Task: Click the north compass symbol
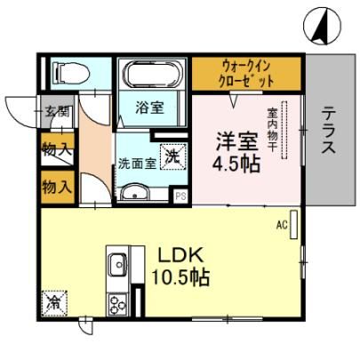(322, 26)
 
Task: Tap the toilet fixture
(71, 74)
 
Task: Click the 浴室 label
(149, 108)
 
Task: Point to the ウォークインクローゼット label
(247, 74)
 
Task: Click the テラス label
(329, 130)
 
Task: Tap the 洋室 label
(236, 141)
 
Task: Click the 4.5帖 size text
(236, 164)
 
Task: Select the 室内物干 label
(272, 130)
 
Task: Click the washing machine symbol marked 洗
(173, 156)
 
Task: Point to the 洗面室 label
(137, 164)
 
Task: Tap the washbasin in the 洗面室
(134, 193)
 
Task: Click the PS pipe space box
(180, 196)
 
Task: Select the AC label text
(282, 226)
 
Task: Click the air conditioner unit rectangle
(293, 224)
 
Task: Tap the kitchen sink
(118, 265)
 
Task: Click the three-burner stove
(118, 305)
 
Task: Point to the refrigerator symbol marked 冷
(54, 304)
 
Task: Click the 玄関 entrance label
(57, 112)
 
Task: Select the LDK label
(180, 255)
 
